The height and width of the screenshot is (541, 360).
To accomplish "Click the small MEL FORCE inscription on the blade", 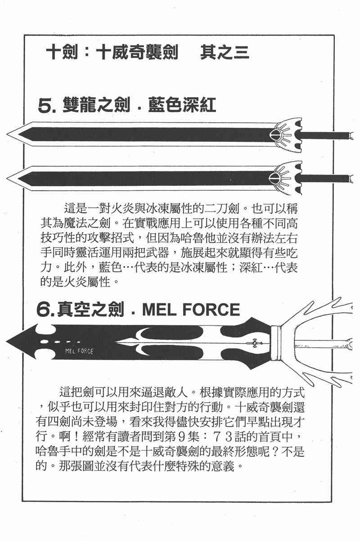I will pyautogui.click(x=79, y=351).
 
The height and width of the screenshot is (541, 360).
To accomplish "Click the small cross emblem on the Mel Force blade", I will pyautogui.click(x=256, y=343).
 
